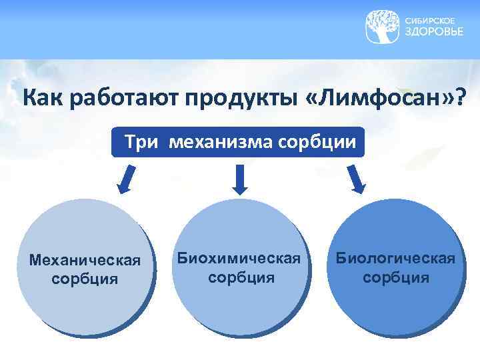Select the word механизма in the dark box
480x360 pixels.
click(x=217, y=142)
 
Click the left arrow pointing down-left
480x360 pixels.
click(x=126, y=179)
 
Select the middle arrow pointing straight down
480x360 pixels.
click(x=241, y=179)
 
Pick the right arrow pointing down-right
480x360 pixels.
click(x=356, y=179)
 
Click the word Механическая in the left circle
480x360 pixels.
click(x=85, y=259)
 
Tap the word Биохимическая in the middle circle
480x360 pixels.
click(x=241, y=258)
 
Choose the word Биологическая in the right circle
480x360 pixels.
click(x=396, y=258)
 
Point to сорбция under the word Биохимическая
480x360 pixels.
click(x=241, y=277)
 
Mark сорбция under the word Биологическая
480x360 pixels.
click(x=396, y=277)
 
